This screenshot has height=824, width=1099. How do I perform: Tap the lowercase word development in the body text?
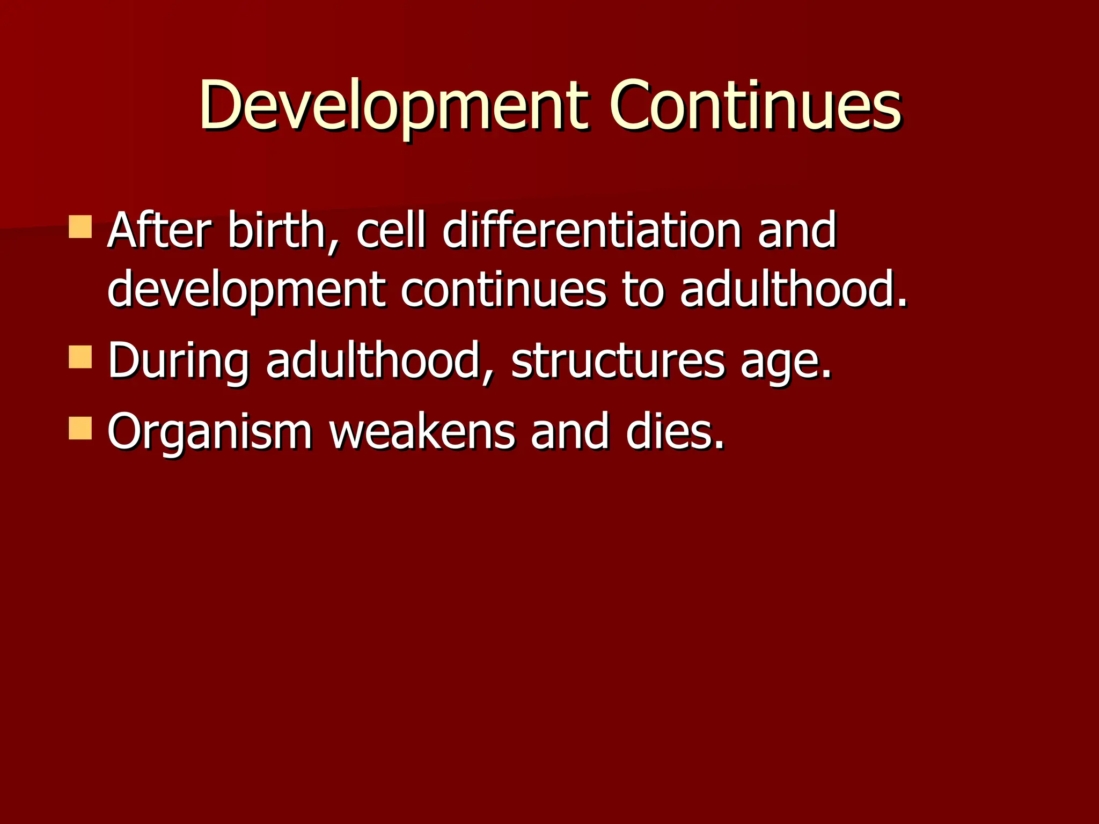(246, 290)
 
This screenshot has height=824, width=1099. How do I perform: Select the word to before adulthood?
(642, 290)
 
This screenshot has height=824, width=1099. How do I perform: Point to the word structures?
(618, 361)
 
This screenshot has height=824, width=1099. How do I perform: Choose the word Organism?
(210, 432)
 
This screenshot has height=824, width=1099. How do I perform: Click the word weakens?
(422, 432)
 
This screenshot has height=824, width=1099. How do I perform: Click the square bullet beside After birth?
(80, 227)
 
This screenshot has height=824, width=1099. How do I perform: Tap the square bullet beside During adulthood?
(80, 357)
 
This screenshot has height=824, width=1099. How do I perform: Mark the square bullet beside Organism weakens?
(80, 429)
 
